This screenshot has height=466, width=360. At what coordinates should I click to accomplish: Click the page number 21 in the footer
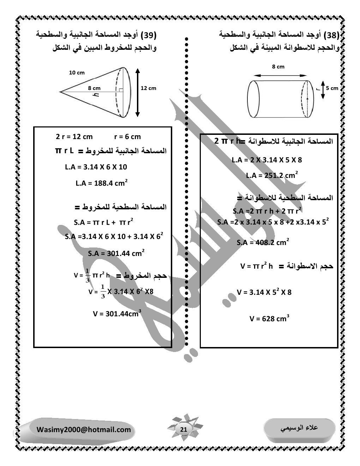tap(184, 429)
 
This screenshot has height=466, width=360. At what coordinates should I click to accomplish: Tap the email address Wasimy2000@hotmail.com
tap(84, 430)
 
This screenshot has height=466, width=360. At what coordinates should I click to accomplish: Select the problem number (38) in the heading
tap(332, 35)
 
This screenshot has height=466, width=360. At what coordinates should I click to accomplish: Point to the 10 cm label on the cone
tap(77, 73)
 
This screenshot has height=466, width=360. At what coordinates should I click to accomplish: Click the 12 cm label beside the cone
tap(148, 88)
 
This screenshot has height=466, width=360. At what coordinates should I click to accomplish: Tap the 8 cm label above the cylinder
tap(278, 67)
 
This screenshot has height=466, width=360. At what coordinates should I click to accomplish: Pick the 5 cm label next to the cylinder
tap(332, 88)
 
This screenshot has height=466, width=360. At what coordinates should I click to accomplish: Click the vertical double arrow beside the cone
tap(138, 92)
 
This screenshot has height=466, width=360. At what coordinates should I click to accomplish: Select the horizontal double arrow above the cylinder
tap(281, 75)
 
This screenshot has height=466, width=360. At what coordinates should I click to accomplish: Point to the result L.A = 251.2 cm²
tap(272, 175)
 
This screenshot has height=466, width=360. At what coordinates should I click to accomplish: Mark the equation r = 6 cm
tap(127, 137)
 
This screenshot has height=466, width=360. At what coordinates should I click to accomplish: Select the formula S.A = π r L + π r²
tap(103, 223)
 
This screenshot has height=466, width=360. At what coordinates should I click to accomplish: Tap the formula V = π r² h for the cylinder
tap(257, 266)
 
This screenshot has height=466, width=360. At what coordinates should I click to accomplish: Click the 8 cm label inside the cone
tap(94, 88)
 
